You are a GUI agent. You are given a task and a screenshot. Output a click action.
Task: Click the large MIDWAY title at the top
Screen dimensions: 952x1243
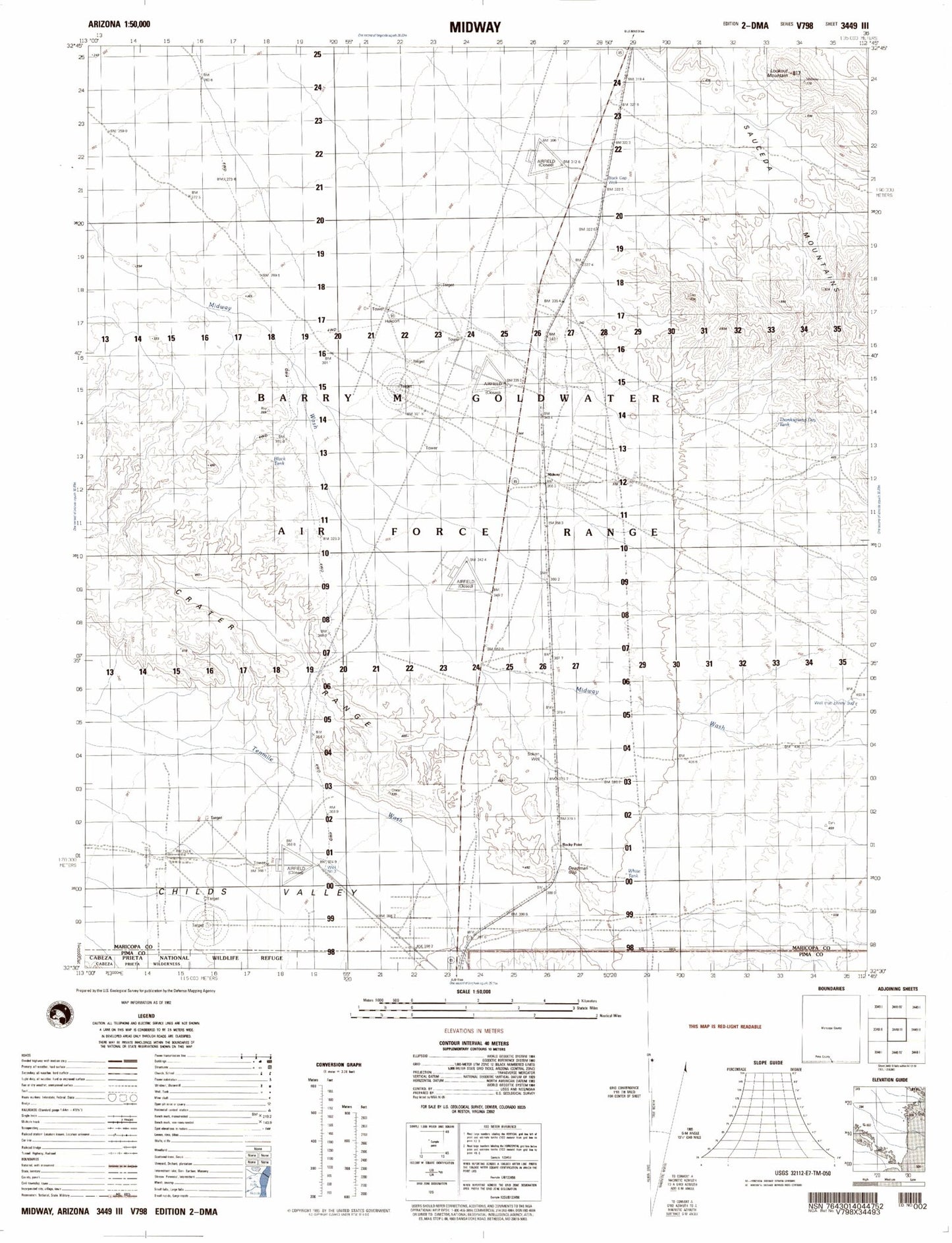(475, 27)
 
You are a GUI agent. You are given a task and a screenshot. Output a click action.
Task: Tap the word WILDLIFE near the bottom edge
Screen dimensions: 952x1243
(225, 957)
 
